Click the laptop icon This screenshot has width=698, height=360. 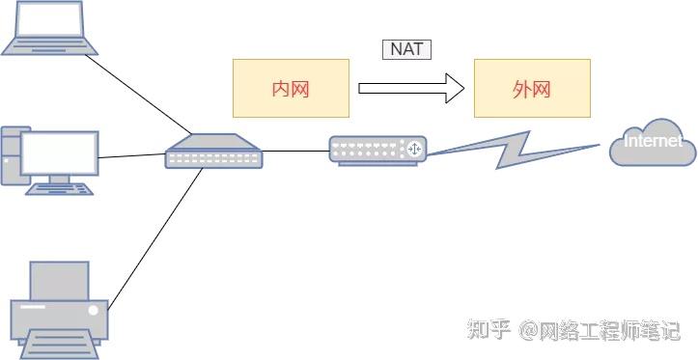click(48, 27)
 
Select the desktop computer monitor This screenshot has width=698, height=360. click(60, 152)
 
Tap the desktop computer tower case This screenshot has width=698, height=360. click(9, 154)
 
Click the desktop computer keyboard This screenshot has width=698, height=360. click(60, 189)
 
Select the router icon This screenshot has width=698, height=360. click(377, 150)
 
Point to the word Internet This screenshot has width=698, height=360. click(653, 142)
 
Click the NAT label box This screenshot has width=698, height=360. click(406, 49)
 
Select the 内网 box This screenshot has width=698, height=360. click(291, 89)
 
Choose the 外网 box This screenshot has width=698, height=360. click(531, 89)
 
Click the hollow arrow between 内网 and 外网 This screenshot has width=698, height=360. click(411, 89)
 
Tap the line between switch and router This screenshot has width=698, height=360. click(295, 151)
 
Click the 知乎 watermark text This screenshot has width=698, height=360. click(489, 331)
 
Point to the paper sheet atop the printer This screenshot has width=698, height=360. click(59, 280)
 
